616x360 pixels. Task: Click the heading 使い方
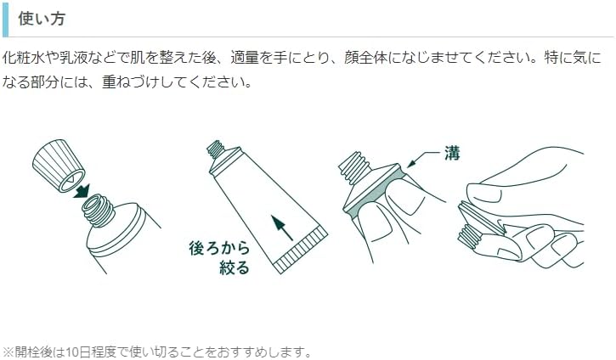tap(42, 19)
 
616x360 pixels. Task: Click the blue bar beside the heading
tap(5, 19)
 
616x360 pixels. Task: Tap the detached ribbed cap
tap(58, 165)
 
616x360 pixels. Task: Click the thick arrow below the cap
tap(82, 191)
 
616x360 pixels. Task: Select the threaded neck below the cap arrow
tap(99, 211)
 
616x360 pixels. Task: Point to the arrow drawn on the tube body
tap(282, 228)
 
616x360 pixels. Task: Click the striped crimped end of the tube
tap(300, 250)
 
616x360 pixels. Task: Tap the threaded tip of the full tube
tap(215, 149)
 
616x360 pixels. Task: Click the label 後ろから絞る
tap(219, 258)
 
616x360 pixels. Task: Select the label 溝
tap(452, 153)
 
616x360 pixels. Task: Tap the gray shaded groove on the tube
tap(373, 190)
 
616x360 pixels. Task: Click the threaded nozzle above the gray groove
tap(354, 167)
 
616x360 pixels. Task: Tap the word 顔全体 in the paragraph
tap(365, 58)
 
